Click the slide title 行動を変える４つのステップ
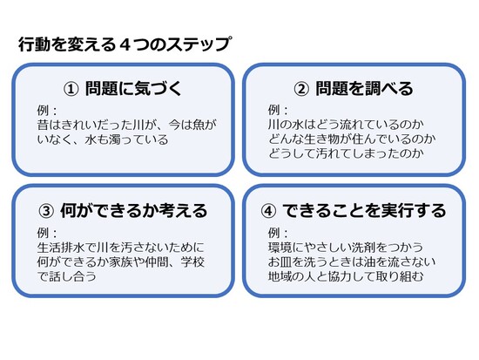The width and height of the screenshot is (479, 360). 125,44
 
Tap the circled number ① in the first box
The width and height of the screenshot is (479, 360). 71,89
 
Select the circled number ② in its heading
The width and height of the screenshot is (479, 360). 301,89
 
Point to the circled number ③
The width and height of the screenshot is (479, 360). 46,211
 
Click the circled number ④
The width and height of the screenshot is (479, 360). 268,211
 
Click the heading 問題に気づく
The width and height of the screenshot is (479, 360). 133,89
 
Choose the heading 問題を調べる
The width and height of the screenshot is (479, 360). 364,89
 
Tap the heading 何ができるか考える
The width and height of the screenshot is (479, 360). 134,211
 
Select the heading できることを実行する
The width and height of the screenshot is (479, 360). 364,211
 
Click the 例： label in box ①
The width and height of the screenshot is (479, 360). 47,111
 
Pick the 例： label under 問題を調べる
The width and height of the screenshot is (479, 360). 278,111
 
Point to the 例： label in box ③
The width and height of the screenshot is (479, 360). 47,233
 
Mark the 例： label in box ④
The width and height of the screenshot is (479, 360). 278,233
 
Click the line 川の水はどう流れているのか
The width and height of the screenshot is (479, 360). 346,125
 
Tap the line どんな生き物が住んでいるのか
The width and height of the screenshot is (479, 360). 352,139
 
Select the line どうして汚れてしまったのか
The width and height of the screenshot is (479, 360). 346,153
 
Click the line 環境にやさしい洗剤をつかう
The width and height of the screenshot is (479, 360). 346,248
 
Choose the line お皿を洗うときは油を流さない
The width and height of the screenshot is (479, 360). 352,262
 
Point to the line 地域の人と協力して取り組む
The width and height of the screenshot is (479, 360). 346,276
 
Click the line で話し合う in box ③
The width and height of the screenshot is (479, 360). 66,276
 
